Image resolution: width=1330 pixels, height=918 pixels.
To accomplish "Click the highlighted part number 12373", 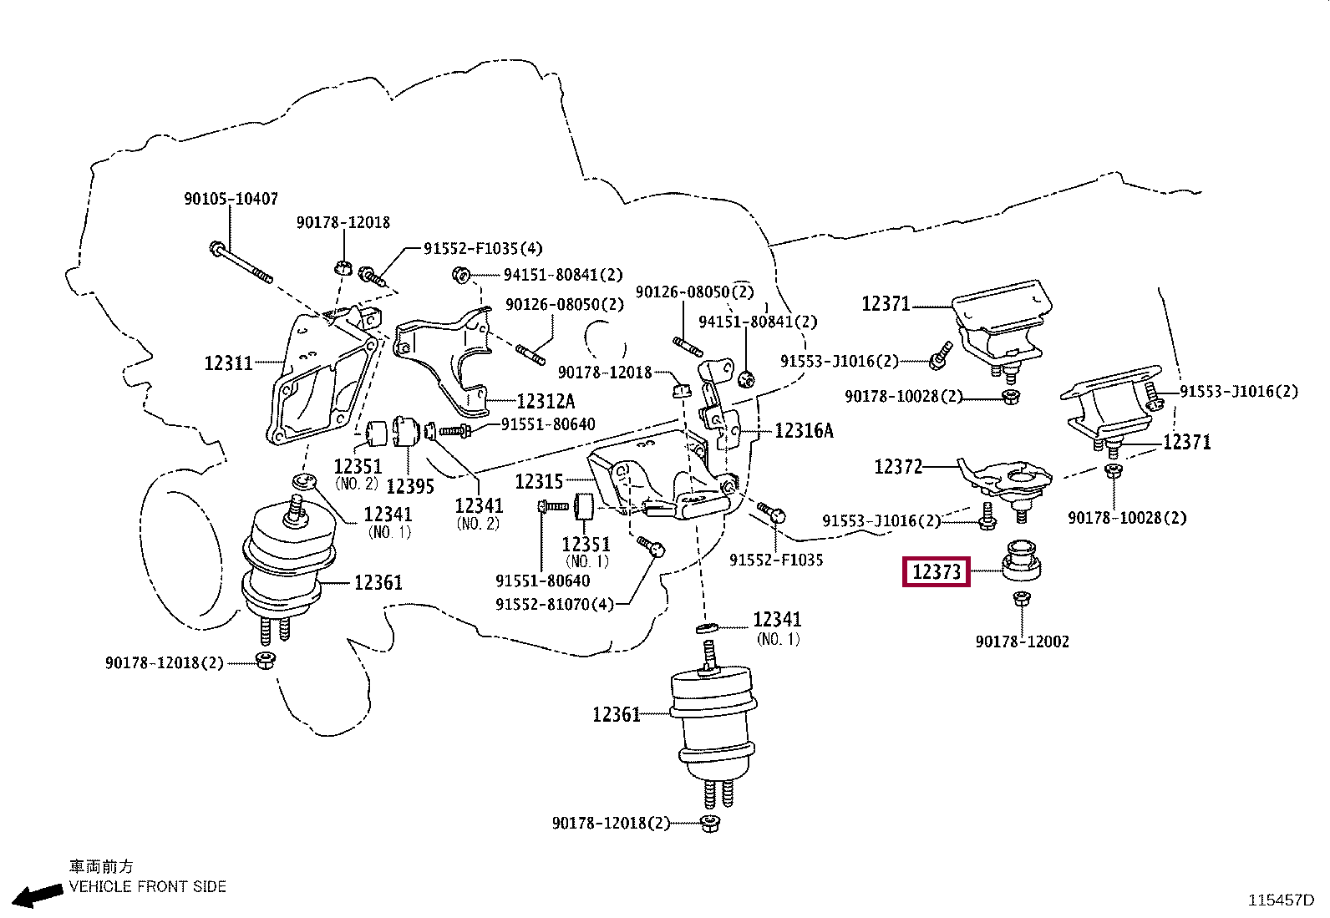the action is (x=937, y=572).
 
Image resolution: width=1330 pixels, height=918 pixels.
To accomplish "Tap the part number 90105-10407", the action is (x=231, y=198).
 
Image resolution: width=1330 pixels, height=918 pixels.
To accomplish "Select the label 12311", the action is (x=229, y=363).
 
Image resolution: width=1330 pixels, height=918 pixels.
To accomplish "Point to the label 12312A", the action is (x=546, y=402).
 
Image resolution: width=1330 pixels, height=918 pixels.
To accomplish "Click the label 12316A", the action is (x=804, y=430).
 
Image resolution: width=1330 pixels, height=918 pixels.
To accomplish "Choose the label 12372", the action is (x=898, y=467).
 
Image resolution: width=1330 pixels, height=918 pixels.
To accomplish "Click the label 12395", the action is (x=410, y=486).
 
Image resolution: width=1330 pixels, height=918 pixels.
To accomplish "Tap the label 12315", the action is (x=539, y=481).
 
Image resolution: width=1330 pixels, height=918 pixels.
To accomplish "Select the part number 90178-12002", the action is (x=1023, y=642).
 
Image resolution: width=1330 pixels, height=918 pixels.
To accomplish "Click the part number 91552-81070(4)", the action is (x=555, y=604).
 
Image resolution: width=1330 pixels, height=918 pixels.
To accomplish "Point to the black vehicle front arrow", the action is (x=37, y=895).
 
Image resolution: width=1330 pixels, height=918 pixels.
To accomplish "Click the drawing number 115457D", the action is (x=1281, y=900).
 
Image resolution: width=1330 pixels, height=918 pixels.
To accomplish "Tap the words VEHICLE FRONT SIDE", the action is (x=147, y=886).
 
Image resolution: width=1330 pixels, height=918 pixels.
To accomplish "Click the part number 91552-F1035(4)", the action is (x=483, y=248).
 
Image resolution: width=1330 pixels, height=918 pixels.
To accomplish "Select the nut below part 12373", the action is (x=1022, y=599).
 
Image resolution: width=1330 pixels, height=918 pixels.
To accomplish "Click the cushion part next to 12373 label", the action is (x=1021, y=560).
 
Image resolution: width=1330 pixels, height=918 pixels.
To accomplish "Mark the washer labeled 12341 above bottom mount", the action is (x=705, y=627).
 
